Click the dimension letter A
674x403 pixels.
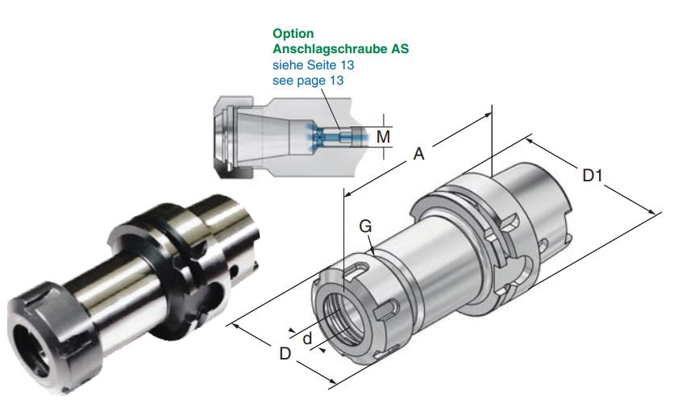tap(418, 154)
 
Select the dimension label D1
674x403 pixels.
tap(593, 174)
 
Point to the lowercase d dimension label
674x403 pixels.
tap(306, 339)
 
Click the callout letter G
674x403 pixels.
tap(365, 228)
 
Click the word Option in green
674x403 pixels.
tap(293, 34)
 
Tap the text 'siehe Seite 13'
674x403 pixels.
tap(313, 64)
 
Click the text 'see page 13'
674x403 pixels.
tap(309, 79)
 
